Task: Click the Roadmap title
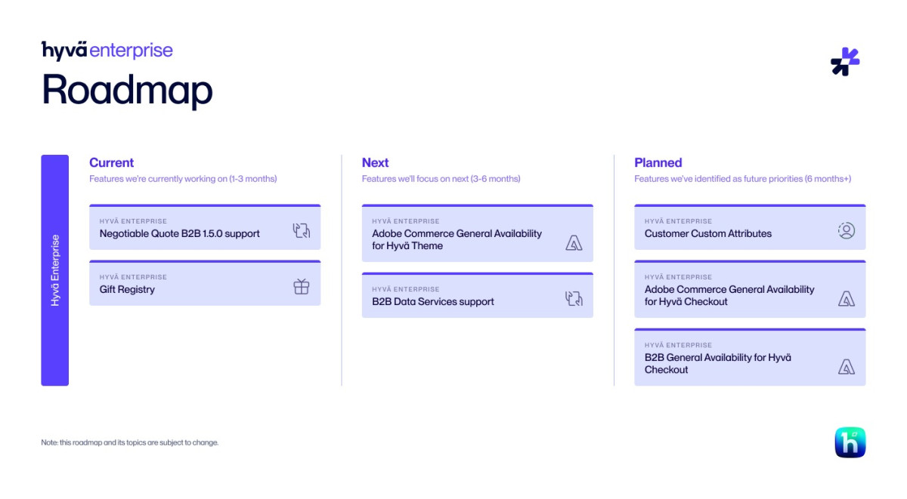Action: [127, 90]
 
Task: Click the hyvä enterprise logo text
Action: [107, 51]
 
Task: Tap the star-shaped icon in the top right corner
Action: [845, 62]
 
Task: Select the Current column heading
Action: [111, 162]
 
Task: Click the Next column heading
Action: [375, 162]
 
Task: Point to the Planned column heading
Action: [658, 162]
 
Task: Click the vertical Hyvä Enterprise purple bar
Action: [54, 270]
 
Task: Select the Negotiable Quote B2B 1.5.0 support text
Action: [179, 234]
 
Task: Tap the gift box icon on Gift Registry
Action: [302, 287]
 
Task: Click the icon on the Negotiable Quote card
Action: [302, 231]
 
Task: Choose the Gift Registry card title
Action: [127, 290]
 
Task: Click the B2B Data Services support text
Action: [432, 302]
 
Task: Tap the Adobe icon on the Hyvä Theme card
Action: [574, 243]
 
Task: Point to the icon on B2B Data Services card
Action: [574, 299]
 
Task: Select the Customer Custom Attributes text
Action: [707, 234]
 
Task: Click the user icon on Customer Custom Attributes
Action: [846, 231]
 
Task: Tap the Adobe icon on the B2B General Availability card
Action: [846, 367]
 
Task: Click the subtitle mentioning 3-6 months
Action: [441, 179]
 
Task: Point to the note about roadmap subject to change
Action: [129, 442]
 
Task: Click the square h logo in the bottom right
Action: [850, 442]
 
